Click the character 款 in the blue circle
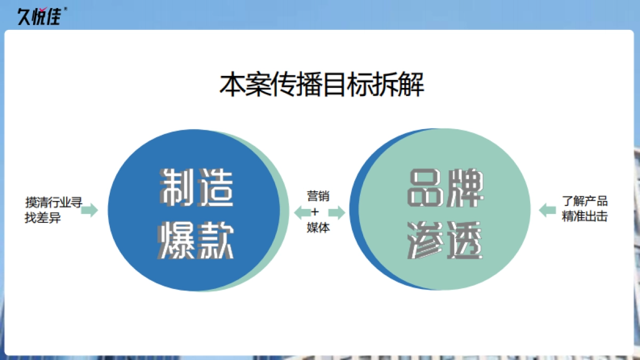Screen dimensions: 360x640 point(215,241)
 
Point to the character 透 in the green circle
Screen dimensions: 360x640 point(465,241)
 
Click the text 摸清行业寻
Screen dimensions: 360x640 point(53,203)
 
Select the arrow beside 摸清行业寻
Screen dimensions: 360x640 point(90,210)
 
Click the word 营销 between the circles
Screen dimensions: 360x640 point(318,196)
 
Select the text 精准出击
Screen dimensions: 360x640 point(585,217)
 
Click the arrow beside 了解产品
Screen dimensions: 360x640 point(548,210)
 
